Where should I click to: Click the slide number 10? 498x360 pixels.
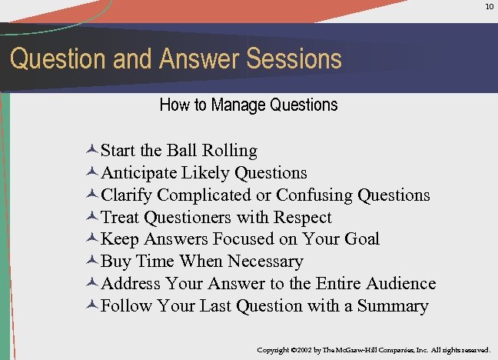coord(489,7)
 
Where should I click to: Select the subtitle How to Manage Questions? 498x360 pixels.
coord(248,105)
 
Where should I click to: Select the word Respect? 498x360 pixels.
coord(302,217)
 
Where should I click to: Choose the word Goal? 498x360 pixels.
coord(361,239)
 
